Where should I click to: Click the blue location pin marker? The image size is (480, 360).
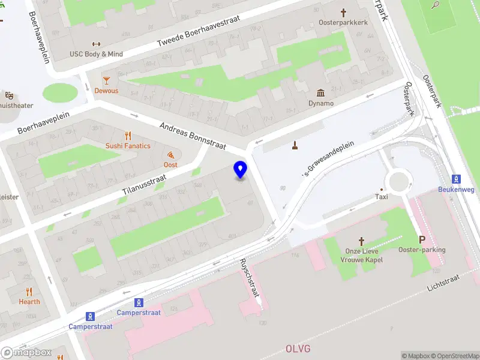241,169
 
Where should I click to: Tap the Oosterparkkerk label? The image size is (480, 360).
343,23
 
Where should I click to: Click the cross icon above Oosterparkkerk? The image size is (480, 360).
344,12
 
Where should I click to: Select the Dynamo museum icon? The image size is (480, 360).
321,92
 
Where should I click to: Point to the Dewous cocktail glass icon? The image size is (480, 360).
106,80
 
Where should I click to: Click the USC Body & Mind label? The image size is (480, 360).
96,54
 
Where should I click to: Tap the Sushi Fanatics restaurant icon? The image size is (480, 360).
128,135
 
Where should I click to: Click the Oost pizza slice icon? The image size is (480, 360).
171,154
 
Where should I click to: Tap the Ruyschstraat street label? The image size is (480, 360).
249,278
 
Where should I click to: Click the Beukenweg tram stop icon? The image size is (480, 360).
456,179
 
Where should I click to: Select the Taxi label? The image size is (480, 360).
382,196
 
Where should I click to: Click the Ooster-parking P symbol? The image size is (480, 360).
422,239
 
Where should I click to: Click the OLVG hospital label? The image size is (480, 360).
298,349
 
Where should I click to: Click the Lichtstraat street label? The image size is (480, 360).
443,283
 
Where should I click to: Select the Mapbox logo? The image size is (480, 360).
26,353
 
